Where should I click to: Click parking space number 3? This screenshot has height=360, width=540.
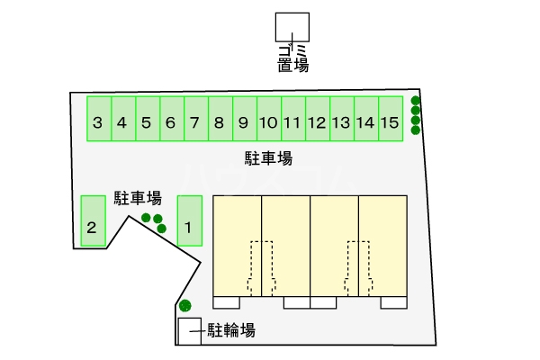pos(98,119)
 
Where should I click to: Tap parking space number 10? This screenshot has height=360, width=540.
pos(268,119)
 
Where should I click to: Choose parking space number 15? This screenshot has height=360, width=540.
pos(389,119)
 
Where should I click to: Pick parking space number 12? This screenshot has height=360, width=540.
pos(317,119)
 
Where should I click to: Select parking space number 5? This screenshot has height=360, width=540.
pos(147,119)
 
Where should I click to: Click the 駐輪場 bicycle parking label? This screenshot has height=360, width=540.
pos(231,330)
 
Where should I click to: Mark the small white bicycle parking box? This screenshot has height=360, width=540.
pos(190,330)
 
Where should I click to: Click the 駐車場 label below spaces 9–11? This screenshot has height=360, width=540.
pos(269,159)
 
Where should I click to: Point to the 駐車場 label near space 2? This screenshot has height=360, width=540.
pos(138,198)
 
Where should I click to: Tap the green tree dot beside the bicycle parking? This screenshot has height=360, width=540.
pos(185,305)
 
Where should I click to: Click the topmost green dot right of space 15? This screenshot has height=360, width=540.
pos(415,101)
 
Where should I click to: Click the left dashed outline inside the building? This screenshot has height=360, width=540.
pos(260,265)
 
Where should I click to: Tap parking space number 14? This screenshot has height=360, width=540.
pos(364,119)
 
